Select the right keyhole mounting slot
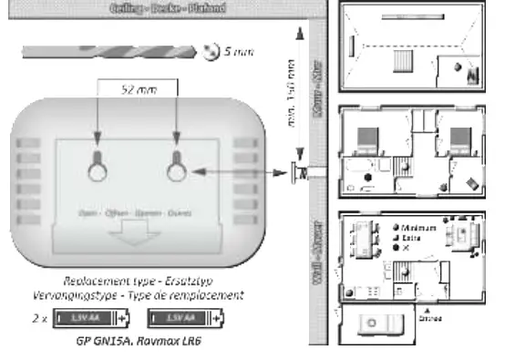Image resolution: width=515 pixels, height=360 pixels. [x=176, y=164]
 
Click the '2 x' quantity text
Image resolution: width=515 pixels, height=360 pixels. [x=39, y=319]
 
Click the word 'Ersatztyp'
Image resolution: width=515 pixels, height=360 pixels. [x=218, y=283]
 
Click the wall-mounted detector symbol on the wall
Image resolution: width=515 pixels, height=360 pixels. [x=294, y=171]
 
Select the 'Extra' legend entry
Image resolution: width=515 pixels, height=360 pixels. [x=416, y=237]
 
